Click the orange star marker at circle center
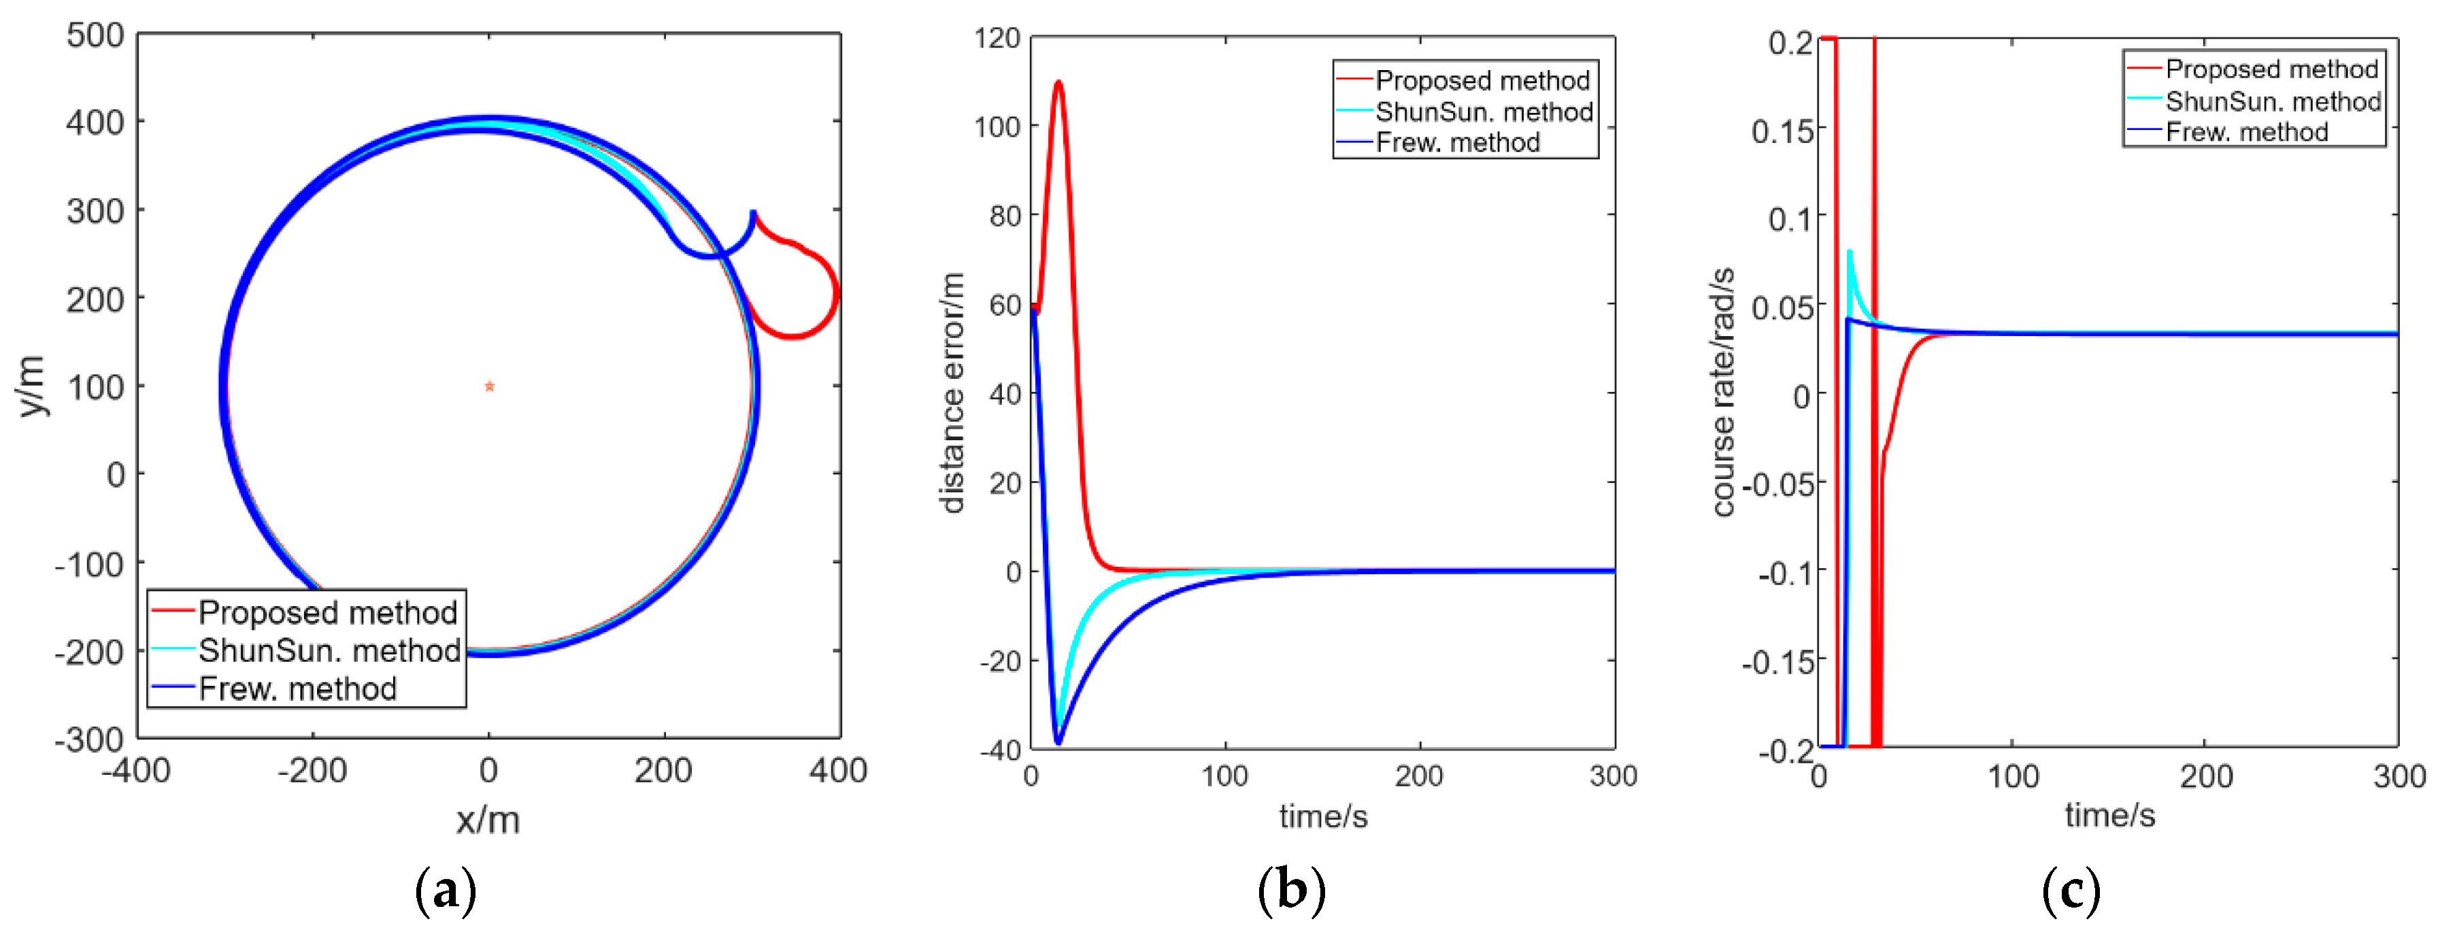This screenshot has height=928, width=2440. pos(489,386)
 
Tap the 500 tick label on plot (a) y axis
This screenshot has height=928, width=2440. pos(95,36)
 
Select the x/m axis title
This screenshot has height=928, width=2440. pos(488,820)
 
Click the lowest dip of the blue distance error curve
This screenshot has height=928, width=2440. pos(1058,742)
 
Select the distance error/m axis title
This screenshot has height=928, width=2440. pos(952,393)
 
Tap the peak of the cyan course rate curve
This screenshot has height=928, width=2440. pos(1849,252)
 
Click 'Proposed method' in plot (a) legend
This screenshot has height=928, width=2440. pos(328,613)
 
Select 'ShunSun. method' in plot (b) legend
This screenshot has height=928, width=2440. pos(1484,112)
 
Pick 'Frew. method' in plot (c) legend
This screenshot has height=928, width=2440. pos(2247,131)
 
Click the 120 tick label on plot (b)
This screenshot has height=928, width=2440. pos(997,38)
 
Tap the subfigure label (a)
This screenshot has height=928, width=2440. pos(445,890)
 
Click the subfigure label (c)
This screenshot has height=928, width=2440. pos(2071,890)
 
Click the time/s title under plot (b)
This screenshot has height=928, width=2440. pos(1323,816)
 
